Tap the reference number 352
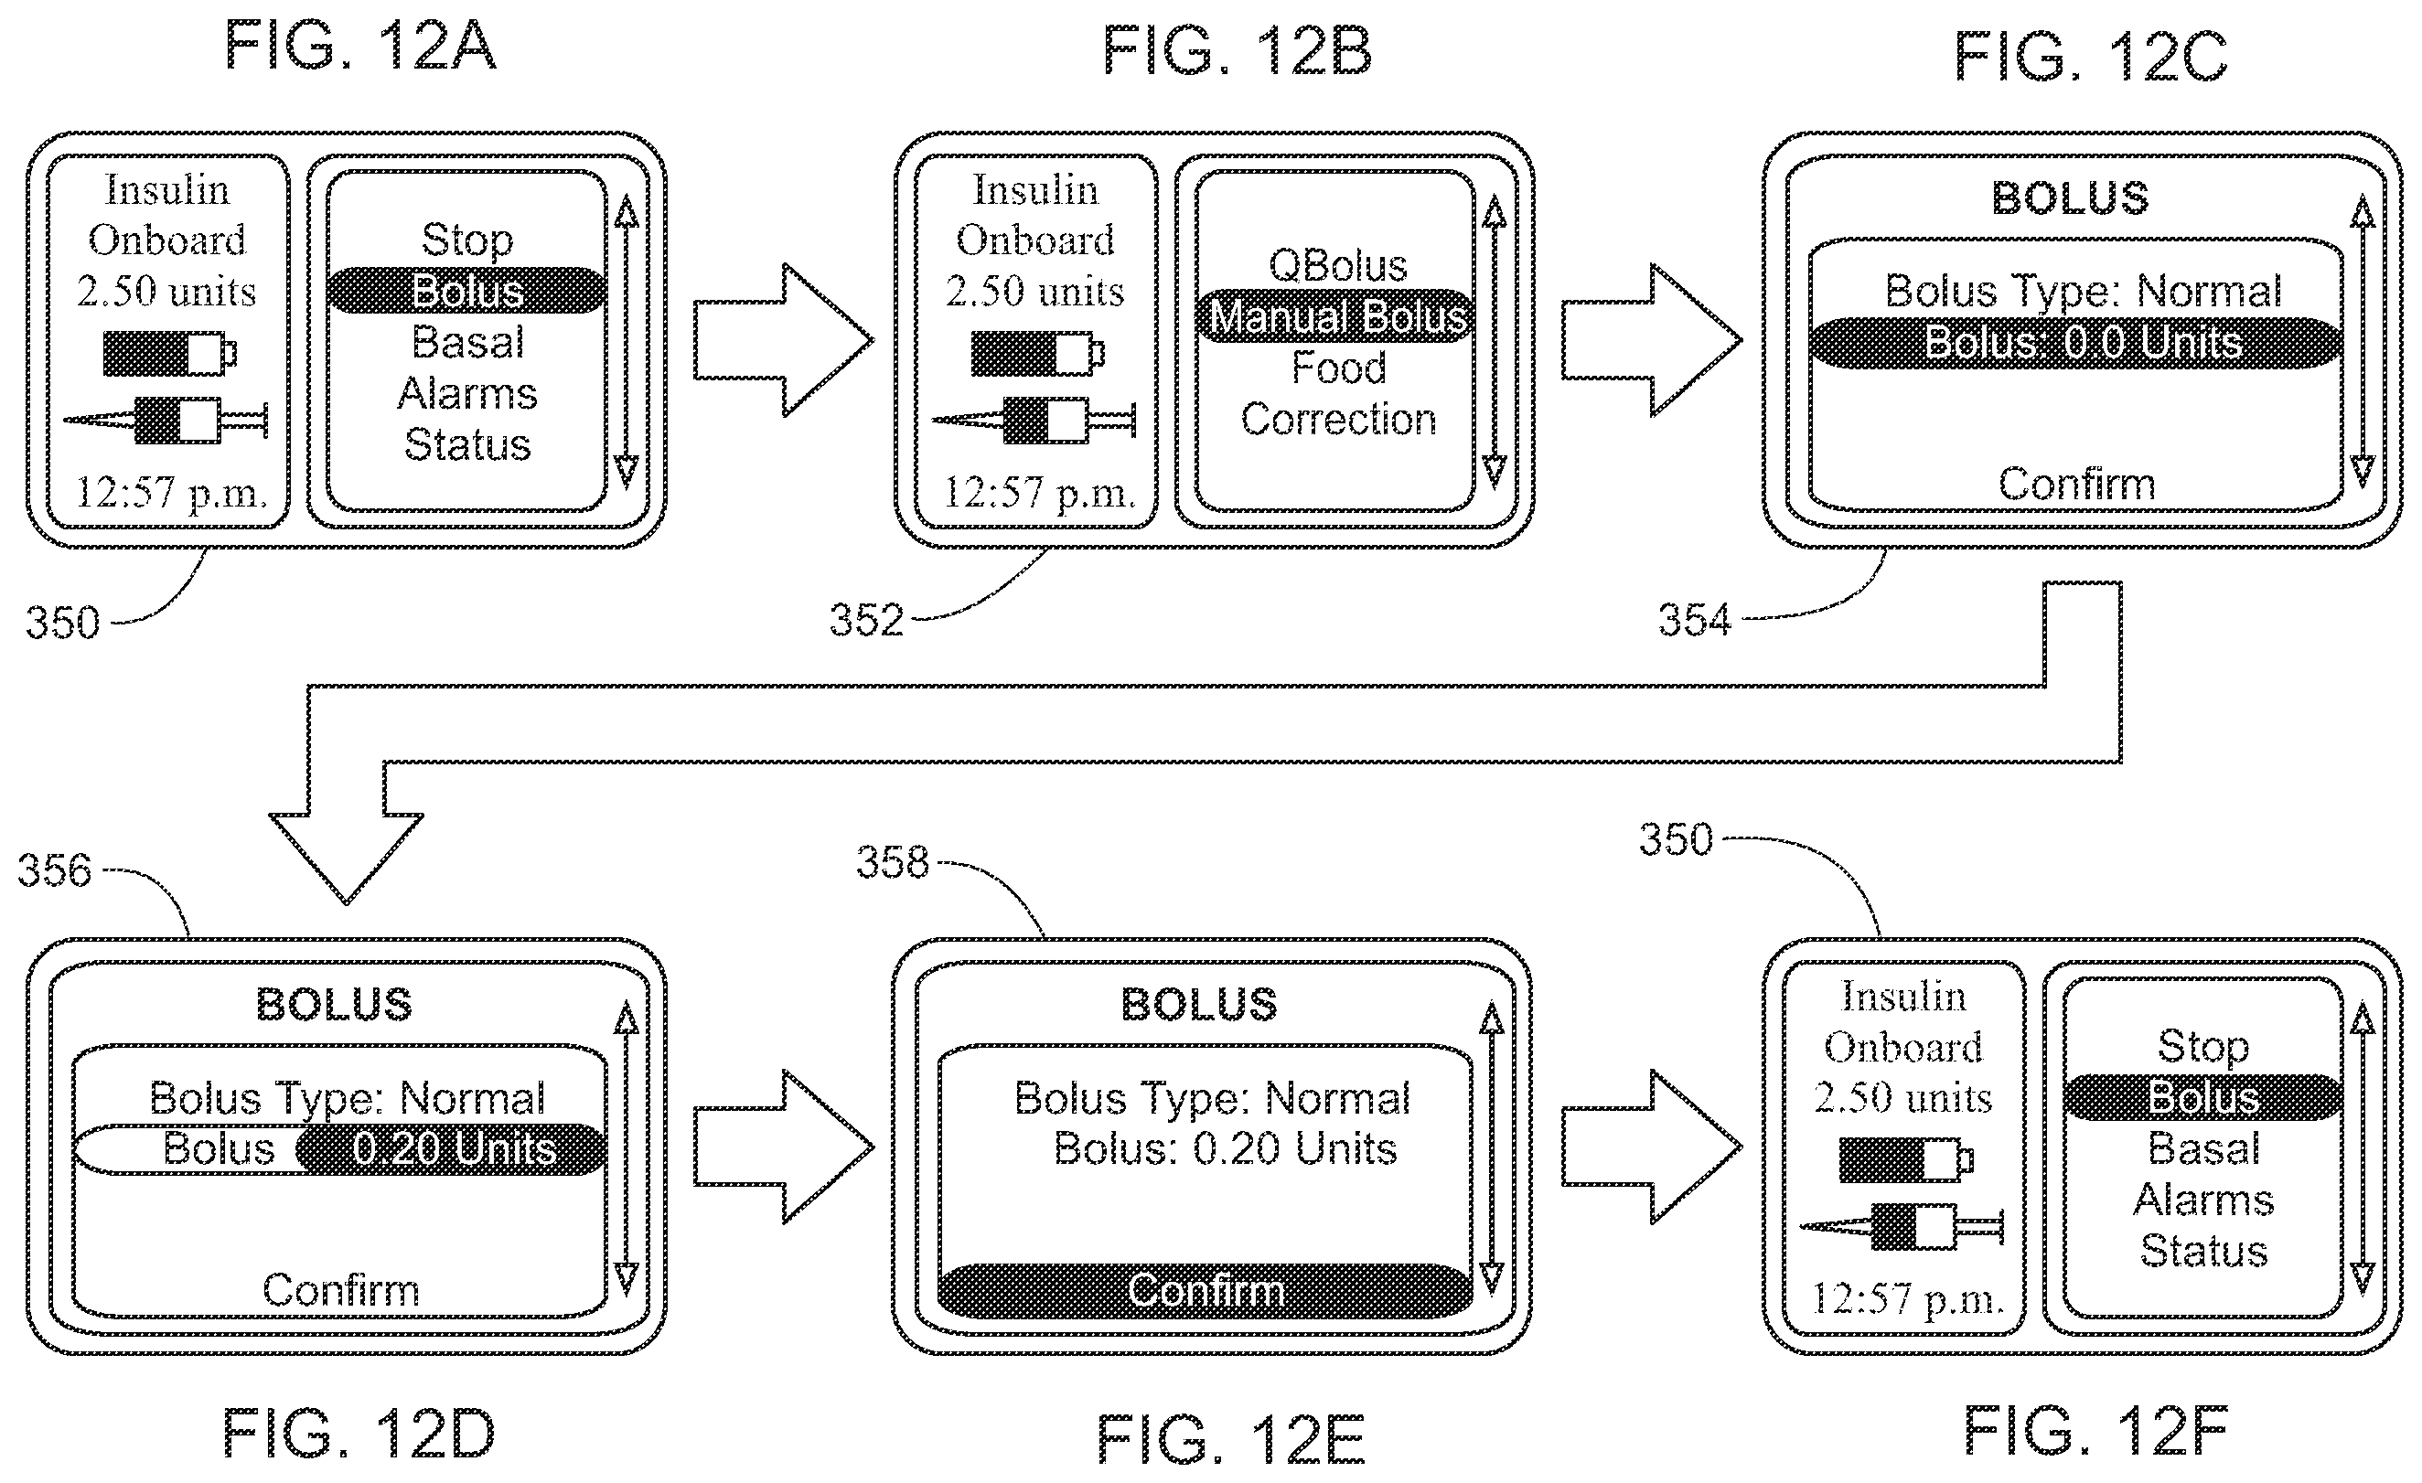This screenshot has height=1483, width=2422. [x=866, y=620]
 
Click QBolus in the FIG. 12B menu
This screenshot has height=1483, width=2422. [x=1338, y=265]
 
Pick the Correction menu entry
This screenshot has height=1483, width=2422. [x=1338, y=420]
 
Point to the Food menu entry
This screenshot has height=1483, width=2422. [x=1338, y=368]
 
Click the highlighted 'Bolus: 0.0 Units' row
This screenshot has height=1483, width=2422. [x=2076, y=343]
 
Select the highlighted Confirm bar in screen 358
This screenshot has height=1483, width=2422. [x=1206, y=1290]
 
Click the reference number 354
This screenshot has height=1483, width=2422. [x=1695, y=620]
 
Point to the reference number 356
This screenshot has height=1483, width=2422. [x=54, y=870]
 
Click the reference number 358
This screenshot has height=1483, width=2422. [x=893, y=862]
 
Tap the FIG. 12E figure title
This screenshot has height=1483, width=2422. [x=1230, y=1440]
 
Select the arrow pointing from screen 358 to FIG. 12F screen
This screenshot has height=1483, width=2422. [x=1651, y=1147]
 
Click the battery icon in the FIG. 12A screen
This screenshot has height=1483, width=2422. [x=170, y=353]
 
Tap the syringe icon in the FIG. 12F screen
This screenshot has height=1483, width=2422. [x=1901, y=1226]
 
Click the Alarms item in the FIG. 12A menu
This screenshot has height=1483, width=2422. [x=468, y=394]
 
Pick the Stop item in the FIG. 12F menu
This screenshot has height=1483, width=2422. [x=2202, y=1046]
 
